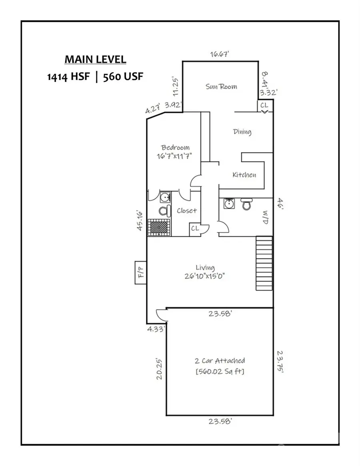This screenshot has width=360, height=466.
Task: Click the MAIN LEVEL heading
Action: pyautogui.click(x=95, y=60)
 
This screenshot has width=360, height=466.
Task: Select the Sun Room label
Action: pyautogui.click(x=221, y=86)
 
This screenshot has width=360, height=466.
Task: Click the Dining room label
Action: pyautogui.click(x=242, y=131)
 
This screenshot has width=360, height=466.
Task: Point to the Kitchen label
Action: pyautogui.click(x=244, y=175)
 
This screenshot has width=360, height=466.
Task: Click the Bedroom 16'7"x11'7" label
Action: pyautogui.click(x=175, y=152)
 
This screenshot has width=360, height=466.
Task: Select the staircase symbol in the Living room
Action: pyautogui.click(x=264, y=263)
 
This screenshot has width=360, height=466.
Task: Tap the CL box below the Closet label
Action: pyautogui.click(x=195, y=229)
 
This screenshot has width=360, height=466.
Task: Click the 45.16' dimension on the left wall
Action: pyautogui.click(x=140, y=220)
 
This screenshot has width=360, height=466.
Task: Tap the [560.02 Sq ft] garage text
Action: pyautogui.click(x=220, y=372)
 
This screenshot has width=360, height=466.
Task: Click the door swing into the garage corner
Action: pyautogui.click(x=161, y=315)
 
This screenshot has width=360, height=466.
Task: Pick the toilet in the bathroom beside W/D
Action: pyautogui.click(x=246, y=204)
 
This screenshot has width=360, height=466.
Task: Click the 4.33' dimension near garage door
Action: pyautogui.click(x=155, y=329)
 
